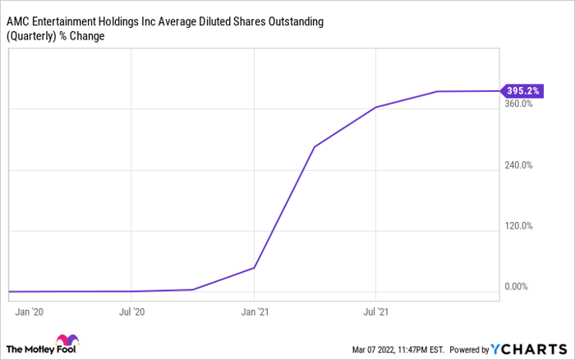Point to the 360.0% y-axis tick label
[520, 104]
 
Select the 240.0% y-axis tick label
[520, 165]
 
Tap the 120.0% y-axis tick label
[520, 226]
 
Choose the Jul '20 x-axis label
[132, 312]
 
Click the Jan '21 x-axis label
[255, 312]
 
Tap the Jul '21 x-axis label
[375, 312]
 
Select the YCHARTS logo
[527, 348]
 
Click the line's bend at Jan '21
[255, 267]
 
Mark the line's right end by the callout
[498, 91]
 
